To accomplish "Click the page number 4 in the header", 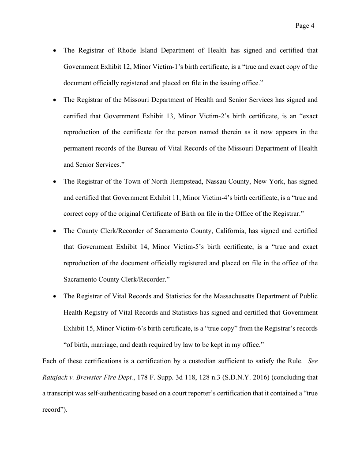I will [312, 26].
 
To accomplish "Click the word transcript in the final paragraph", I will [62, 394].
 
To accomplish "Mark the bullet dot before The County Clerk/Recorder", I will [54, 231].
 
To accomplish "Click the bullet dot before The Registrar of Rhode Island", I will [54, 51].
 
